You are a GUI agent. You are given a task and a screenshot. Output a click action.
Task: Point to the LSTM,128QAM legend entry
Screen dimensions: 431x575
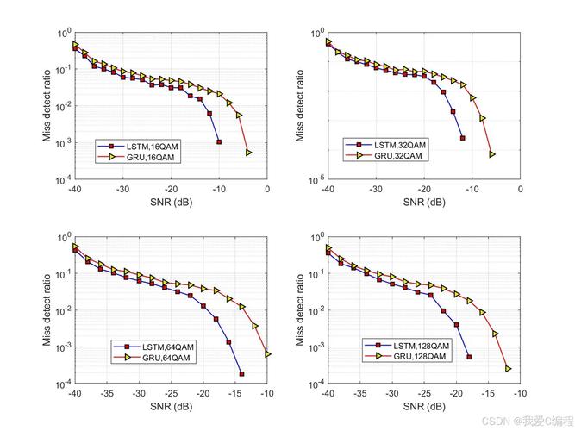(x=409, y=346)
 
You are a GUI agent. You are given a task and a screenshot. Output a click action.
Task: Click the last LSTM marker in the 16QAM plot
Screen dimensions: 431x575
(x=219, y=141)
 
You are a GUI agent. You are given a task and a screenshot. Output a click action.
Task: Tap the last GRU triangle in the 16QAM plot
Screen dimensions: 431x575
(x=248, y=153)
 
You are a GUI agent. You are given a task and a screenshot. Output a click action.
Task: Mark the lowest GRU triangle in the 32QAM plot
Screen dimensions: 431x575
(x=492, y=155)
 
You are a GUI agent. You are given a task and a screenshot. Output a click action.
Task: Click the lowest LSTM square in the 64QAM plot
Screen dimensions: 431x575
(x=241, y=374)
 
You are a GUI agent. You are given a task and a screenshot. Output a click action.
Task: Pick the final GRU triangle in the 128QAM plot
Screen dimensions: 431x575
(x=508, y=369)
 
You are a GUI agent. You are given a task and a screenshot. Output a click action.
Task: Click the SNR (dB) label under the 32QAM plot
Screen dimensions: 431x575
(x=423, y=203)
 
